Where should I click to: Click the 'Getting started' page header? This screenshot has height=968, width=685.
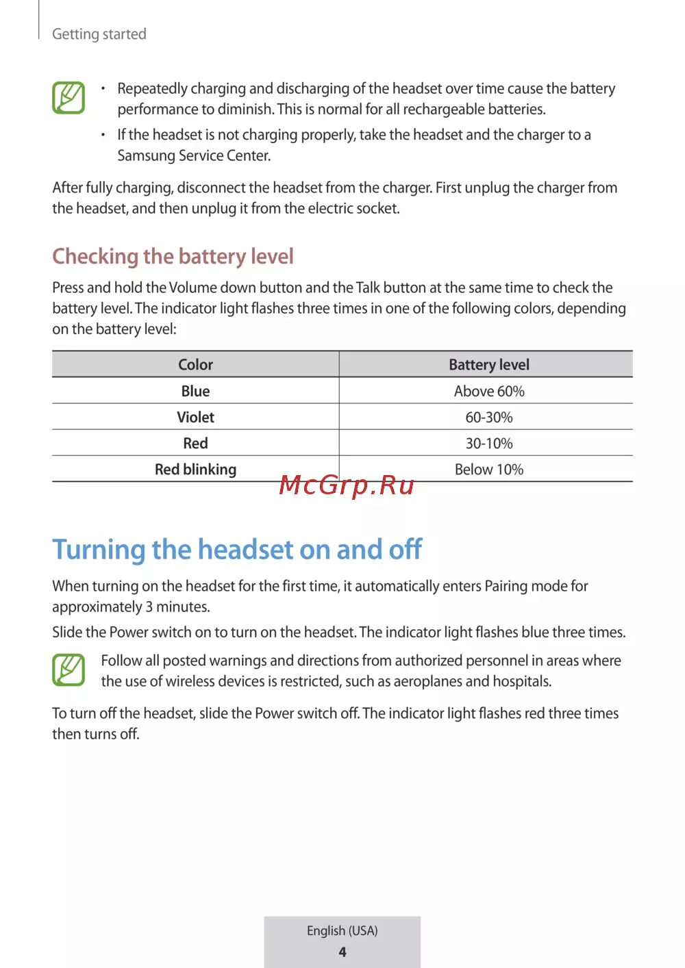tap(99, 34)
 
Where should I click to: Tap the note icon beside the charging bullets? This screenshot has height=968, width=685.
tap(68, 98)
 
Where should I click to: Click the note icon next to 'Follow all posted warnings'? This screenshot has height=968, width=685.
tap(68, 670)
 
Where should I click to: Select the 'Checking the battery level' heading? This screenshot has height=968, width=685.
tap(173, 256)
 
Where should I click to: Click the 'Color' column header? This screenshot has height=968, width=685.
tap(195, 365)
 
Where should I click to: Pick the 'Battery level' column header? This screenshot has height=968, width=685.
tap(488, 365)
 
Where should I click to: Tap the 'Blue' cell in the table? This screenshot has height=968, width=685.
tap(195, 391)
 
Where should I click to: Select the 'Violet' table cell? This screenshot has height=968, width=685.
tap(195, 417)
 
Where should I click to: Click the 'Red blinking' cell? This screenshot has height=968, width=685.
tap(195, 470)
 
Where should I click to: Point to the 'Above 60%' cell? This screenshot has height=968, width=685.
tap(488, 391)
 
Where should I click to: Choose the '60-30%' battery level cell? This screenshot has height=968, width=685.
tap(488, 417)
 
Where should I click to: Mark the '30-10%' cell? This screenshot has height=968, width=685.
tap(488, 443)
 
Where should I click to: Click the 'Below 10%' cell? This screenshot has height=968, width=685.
tap(488, 470)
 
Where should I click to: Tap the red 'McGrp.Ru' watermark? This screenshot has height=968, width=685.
tap(347, 485)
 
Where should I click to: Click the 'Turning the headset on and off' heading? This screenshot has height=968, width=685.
tap(237, 550)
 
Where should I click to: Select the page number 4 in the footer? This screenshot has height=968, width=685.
tap(342, 952)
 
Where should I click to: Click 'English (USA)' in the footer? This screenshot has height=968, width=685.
tap(342, 930)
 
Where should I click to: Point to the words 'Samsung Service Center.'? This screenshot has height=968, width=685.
tap(194, 155)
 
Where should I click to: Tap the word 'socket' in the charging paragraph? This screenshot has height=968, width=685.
tap(377, 208)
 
